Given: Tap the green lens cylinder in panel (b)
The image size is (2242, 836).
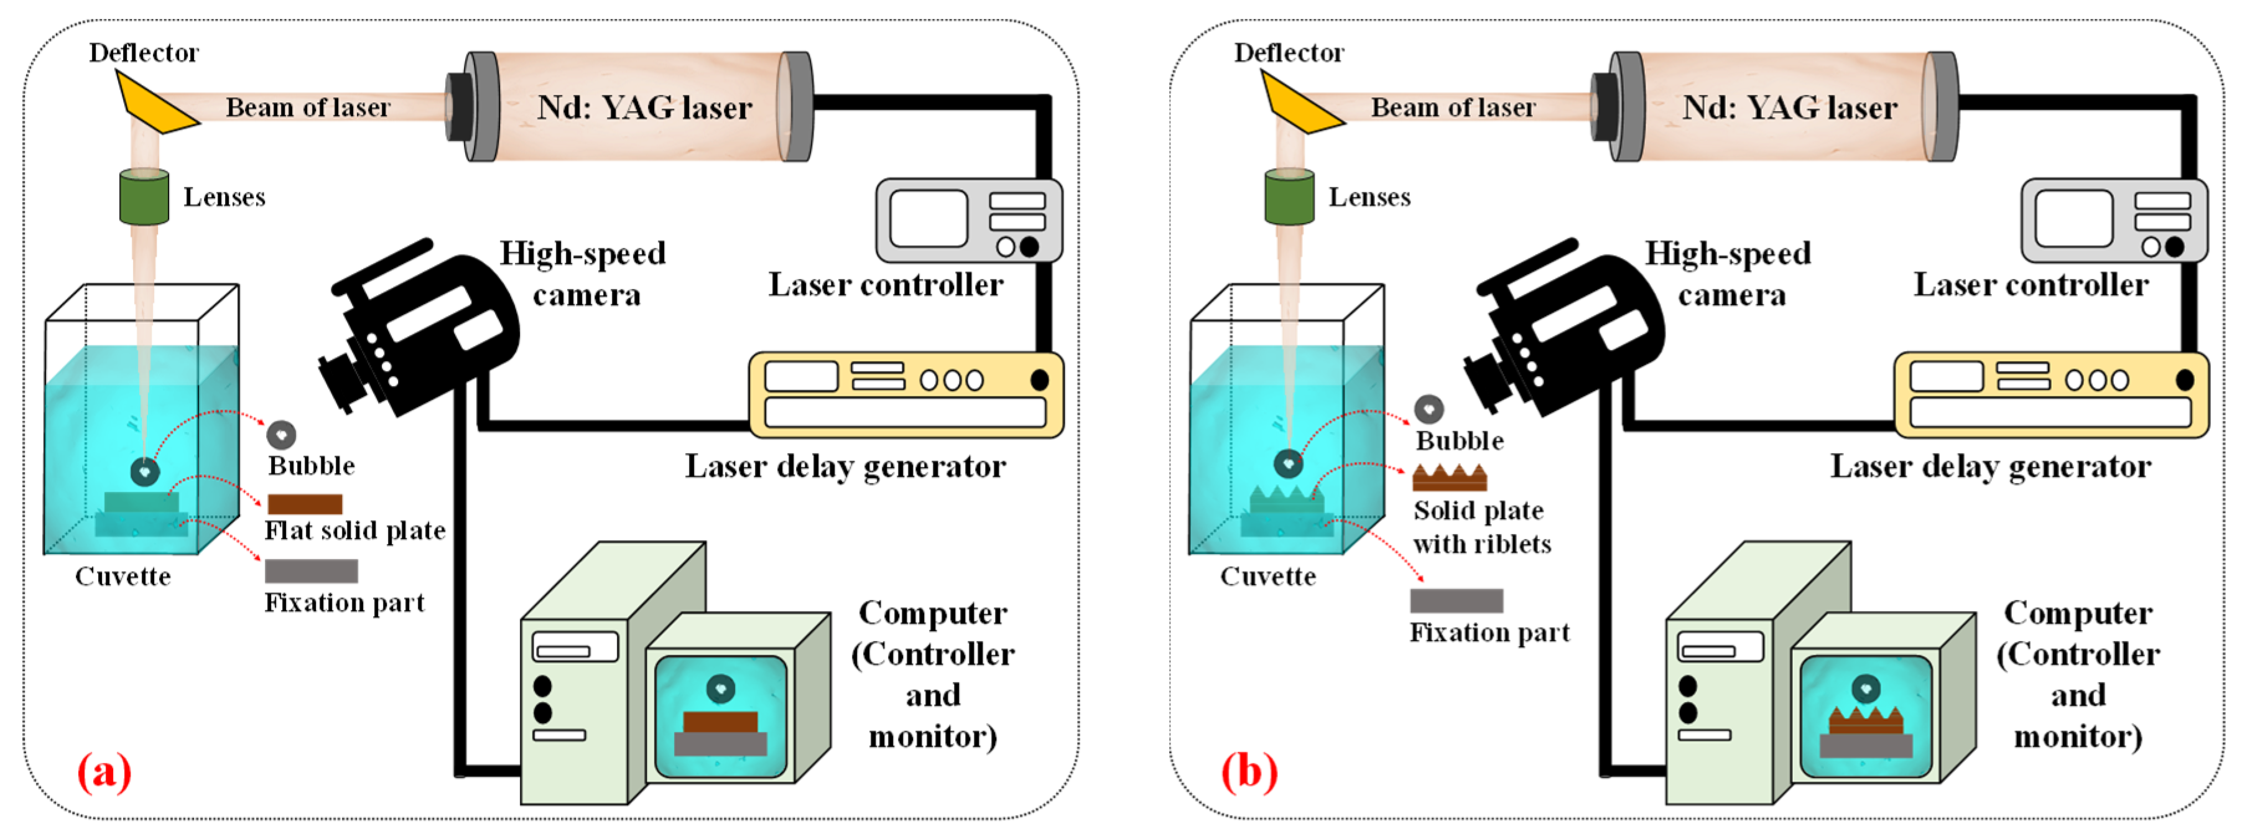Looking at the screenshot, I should (1289, 197).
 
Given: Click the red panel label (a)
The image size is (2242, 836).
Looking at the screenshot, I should (104, 771).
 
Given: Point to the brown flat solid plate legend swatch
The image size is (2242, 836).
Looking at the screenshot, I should (305, 503).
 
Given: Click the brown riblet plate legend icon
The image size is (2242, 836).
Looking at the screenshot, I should (1449, 478).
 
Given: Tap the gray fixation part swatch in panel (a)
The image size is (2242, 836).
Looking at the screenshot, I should (311, 570).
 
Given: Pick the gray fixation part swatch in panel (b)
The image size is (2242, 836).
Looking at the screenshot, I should (1456, 600).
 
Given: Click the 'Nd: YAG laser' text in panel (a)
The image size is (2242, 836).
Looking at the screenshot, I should (644, 108).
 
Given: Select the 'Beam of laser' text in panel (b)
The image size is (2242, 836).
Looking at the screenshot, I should (1453, 107).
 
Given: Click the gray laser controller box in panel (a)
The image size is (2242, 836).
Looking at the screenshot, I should (969, 220).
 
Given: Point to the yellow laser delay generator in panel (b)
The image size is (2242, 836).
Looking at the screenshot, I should (2052, 394).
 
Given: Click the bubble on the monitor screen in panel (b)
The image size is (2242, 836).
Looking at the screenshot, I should (1865, 688).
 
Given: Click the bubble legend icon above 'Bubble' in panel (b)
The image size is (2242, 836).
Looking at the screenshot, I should (1429, 409).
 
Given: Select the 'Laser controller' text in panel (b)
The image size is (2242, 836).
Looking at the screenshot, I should (2031, 285).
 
